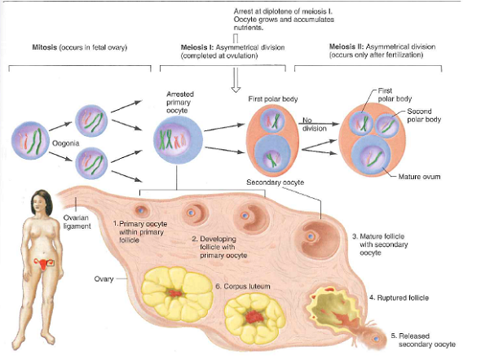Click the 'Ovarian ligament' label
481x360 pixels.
coord(76,221)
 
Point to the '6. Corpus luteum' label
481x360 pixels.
coord(243,287)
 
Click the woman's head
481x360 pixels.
coord(37,200)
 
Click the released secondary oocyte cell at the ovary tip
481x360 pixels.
coord(375,337)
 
